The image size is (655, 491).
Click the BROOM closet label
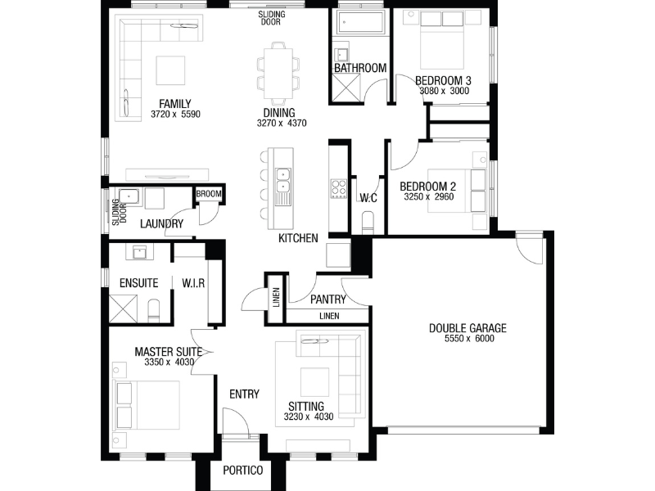tap(209, 194)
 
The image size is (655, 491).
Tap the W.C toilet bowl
tap(368, 222)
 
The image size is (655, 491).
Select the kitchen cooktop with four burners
tap(338, 188)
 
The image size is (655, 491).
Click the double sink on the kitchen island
tap(282, 179)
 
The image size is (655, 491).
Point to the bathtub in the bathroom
tap(360, 22)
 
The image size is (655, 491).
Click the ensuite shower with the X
tap(123, 309)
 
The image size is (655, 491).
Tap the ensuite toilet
tap(154, 310)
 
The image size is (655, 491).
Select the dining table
tap(278, 74)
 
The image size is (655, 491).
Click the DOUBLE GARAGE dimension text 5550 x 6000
tap(469, 339)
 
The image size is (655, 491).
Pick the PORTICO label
tap(242, 471)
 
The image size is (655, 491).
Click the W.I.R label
tap(193, 283)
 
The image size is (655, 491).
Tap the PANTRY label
tap(328, 300)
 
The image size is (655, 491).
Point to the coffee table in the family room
tap(170, 70)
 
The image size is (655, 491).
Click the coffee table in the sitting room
tap(314, 381)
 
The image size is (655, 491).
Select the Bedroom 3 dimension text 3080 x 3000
tap(444, 91)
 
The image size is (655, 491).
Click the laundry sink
tap(129, 196)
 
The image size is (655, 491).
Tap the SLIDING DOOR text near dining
tap(272, 18)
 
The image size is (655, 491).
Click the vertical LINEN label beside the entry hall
tap(276, 298)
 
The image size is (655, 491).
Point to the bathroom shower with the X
tap(346, 88)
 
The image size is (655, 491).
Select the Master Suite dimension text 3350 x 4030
tap(169, 363)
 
